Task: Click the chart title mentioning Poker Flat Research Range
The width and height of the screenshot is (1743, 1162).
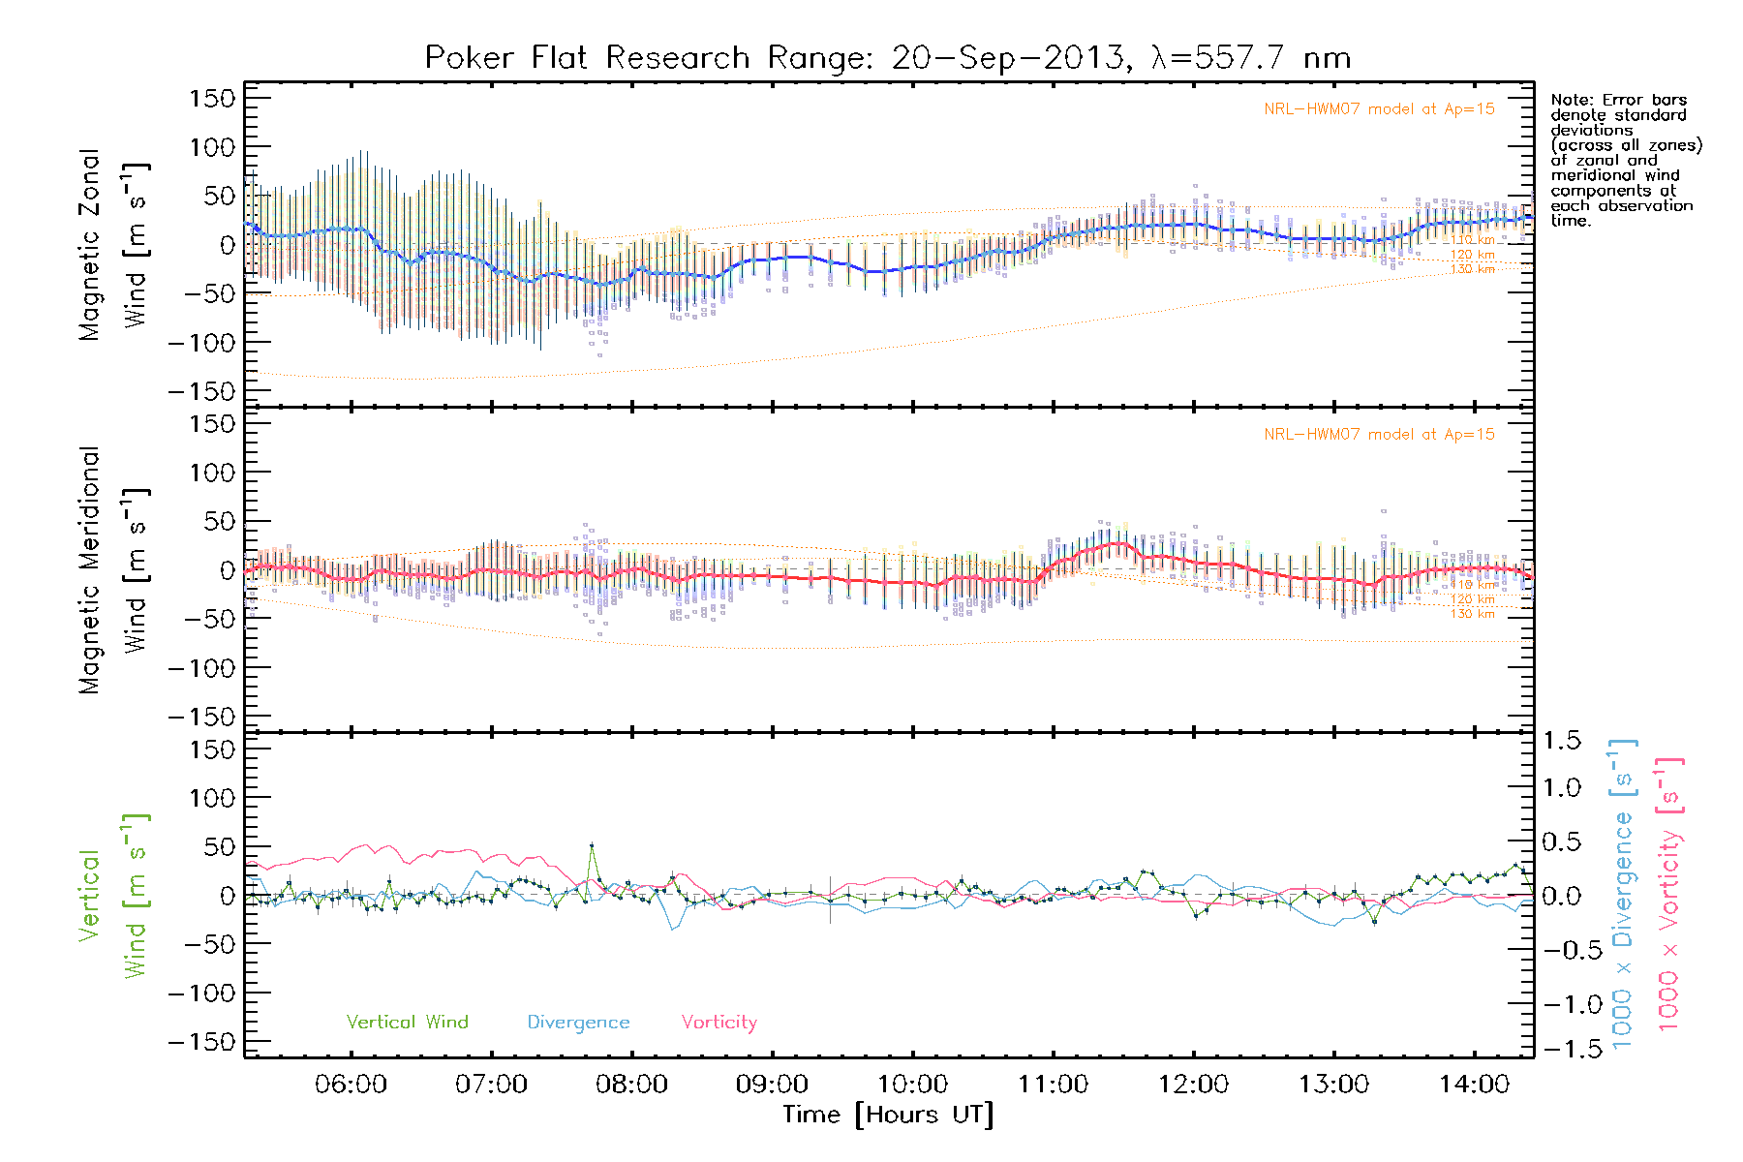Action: (x=887, y=58)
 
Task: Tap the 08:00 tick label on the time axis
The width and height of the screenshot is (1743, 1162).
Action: (x=631, y=1085)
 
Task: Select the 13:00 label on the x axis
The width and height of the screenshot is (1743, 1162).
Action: (x=1333, y=1085)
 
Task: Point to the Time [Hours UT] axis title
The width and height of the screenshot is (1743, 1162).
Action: (x=888, y=1115)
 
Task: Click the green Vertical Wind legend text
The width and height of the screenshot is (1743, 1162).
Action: (x=407, y=1022)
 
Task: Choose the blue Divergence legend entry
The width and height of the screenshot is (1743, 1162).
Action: (x=578, y=1022)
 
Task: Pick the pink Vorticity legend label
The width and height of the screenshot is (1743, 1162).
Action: (x=719, y=1022)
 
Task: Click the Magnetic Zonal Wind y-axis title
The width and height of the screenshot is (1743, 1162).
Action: (x=113, y=245)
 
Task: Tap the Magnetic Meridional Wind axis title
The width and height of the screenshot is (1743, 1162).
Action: (x=113, y=570)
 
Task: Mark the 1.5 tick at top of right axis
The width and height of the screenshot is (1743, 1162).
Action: (x=1561, y=741)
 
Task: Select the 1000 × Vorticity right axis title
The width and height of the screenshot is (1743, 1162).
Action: (x=1669, y=894)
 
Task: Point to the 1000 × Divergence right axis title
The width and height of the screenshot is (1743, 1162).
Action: (x=1623, y=894)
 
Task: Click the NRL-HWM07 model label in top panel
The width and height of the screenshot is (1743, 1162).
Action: (x=1379, y=109)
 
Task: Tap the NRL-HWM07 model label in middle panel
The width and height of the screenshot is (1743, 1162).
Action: (x=1379, y=435)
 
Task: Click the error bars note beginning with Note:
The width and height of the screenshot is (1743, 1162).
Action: (x=1625, y=160)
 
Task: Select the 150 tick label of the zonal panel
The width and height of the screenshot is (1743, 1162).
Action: (x=212, y=98)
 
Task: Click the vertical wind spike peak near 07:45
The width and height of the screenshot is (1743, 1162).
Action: (x=592, y=845)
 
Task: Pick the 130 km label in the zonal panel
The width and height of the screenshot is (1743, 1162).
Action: (x=1472, y=269)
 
